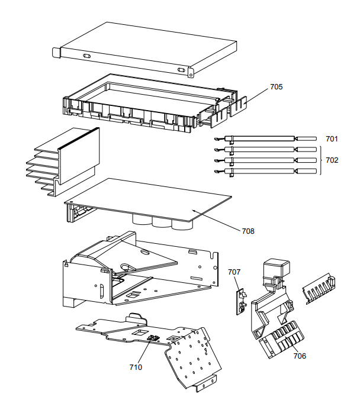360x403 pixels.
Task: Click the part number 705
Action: pyautogui.click(x=276, y=86)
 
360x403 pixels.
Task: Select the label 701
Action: pyautogui.click(x=332, y=139)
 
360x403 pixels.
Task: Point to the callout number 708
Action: pyautogui.click(x=247, y=231)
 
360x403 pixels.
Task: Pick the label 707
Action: pyautogui.click(x=234, y=272)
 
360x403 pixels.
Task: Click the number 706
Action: pyautogui.click(x=300, y=356)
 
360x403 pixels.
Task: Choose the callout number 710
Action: pyautogui.click(x=136, y=367)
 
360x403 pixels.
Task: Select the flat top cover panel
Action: pyautogui.click(x=130, y=47)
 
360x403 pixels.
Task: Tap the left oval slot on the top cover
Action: pyautogui.click(x=86, y=56)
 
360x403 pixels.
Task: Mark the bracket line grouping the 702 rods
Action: pyautogui.click(x=320, y=160)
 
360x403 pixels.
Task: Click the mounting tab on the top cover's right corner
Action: pyautogui.click(x=191, y=73)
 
